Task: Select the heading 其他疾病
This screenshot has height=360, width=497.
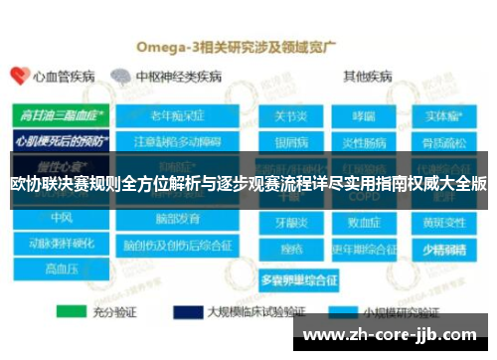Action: (x=367, y=76)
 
